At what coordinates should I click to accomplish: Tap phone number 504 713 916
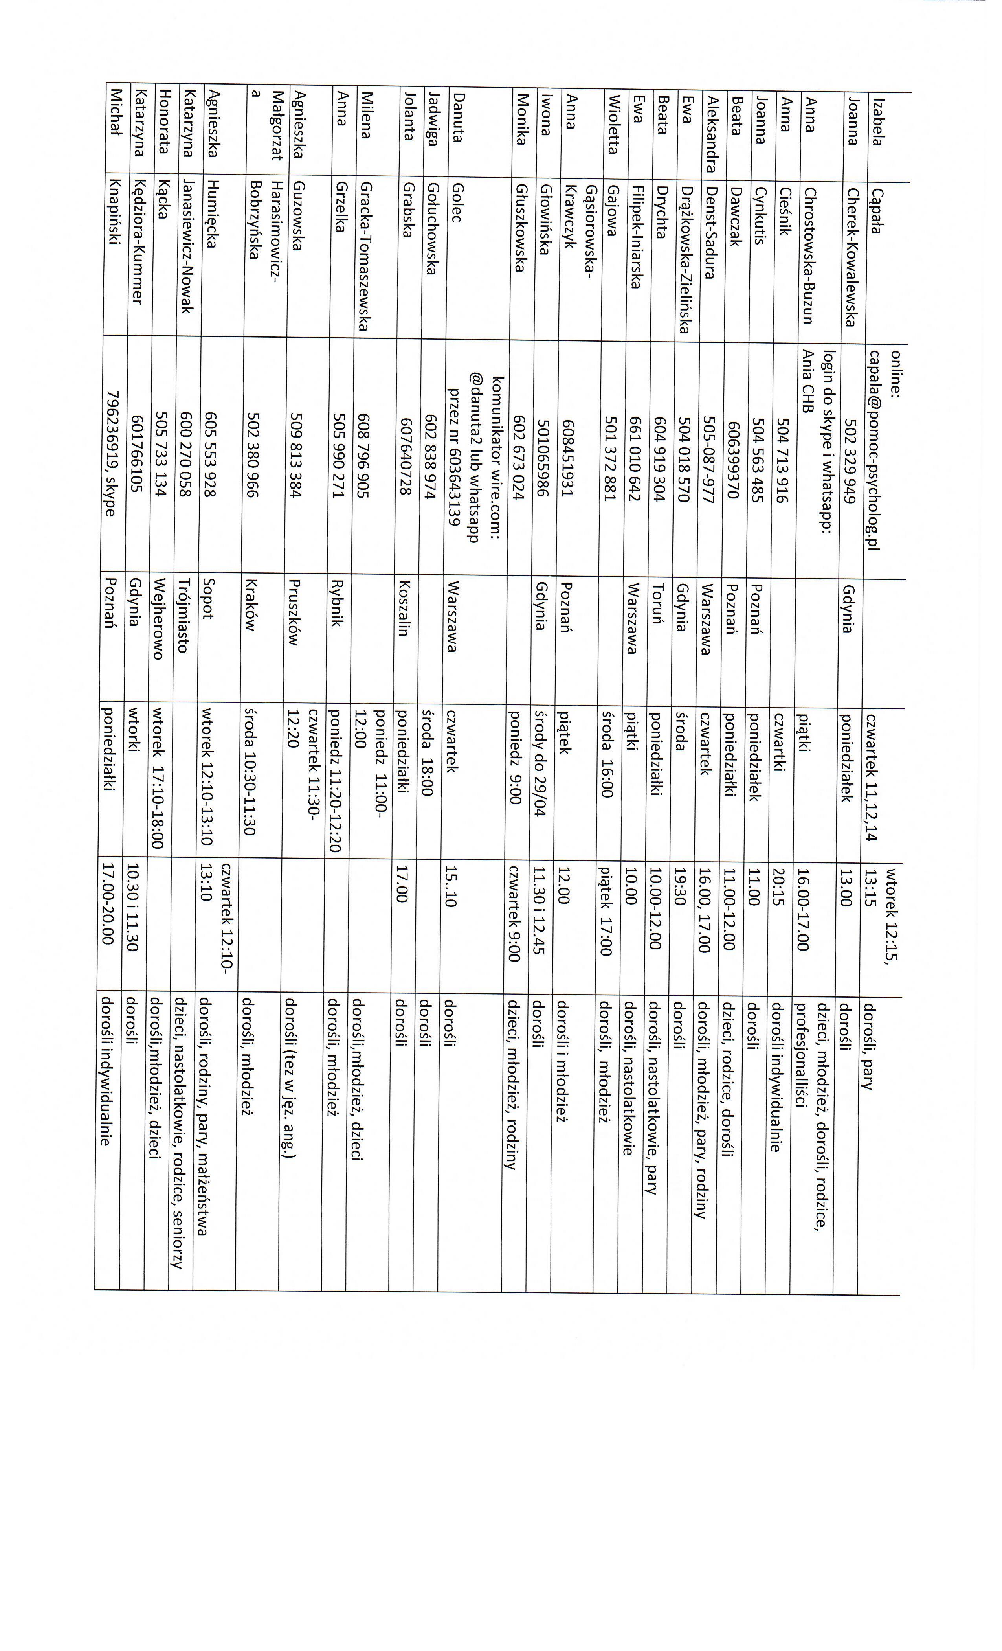tap(781, 455)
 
